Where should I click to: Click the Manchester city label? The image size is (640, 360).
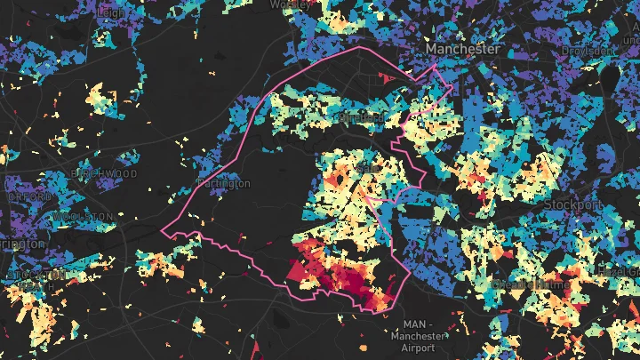coord(462,49)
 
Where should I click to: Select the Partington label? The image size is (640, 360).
coord(223,183)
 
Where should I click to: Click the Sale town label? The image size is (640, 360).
coord(364,167)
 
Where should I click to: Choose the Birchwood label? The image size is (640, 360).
coord(107,172)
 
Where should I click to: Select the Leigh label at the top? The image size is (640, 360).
coord(113,12)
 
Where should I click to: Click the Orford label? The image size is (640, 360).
coord(18,197)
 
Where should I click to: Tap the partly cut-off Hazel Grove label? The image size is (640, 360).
coord(620,268)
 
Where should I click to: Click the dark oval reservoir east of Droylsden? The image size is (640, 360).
coord(611,81)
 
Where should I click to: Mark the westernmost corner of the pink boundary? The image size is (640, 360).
coord(163,230)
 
